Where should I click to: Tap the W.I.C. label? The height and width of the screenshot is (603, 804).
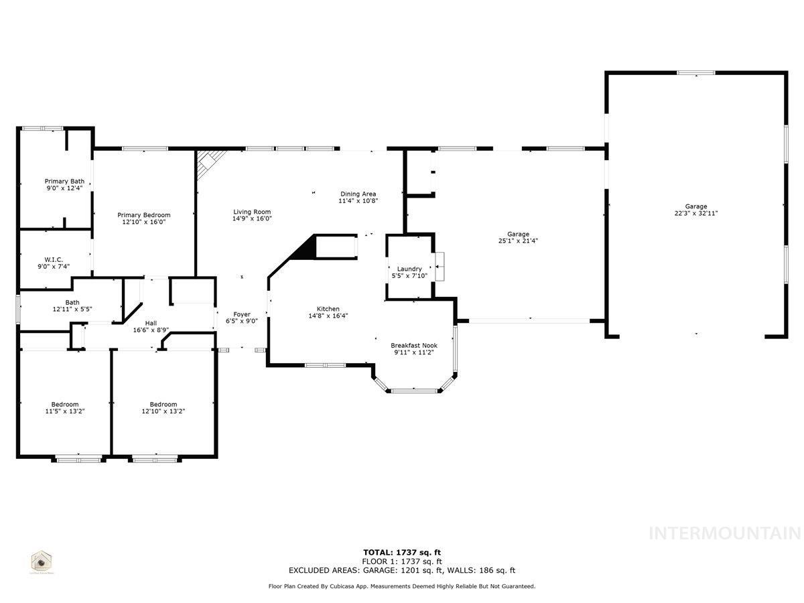click(x=54, y=259)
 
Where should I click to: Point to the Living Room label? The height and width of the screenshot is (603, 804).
click(x=252, y=211)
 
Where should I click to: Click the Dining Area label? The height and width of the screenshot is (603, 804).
click(x=358, y=194)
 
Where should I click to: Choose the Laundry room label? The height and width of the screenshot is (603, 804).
click(x=409, y=269)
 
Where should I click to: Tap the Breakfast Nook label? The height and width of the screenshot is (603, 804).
click(x=414, y=346)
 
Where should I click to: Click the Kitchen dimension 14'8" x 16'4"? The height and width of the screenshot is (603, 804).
click(x=328, y=316)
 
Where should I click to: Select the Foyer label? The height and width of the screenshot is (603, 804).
click(x=242, y=314)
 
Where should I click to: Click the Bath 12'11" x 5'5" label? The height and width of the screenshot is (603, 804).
click(x=72, y=306)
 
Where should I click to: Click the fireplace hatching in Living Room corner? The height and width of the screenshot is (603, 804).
click(x=209, y=161)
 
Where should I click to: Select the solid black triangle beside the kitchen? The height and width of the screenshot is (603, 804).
click(x=306, y=249)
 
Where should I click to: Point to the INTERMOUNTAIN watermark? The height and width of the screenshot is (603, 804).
click(x=725, y=533)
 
